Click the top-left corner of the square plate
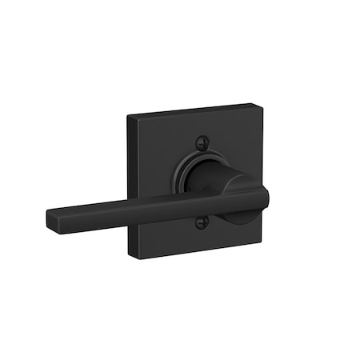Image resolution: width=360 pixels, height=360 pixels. tap(128, 118)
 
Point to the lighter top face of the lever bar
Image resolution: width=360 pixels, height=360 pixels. tap(144, 201)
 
